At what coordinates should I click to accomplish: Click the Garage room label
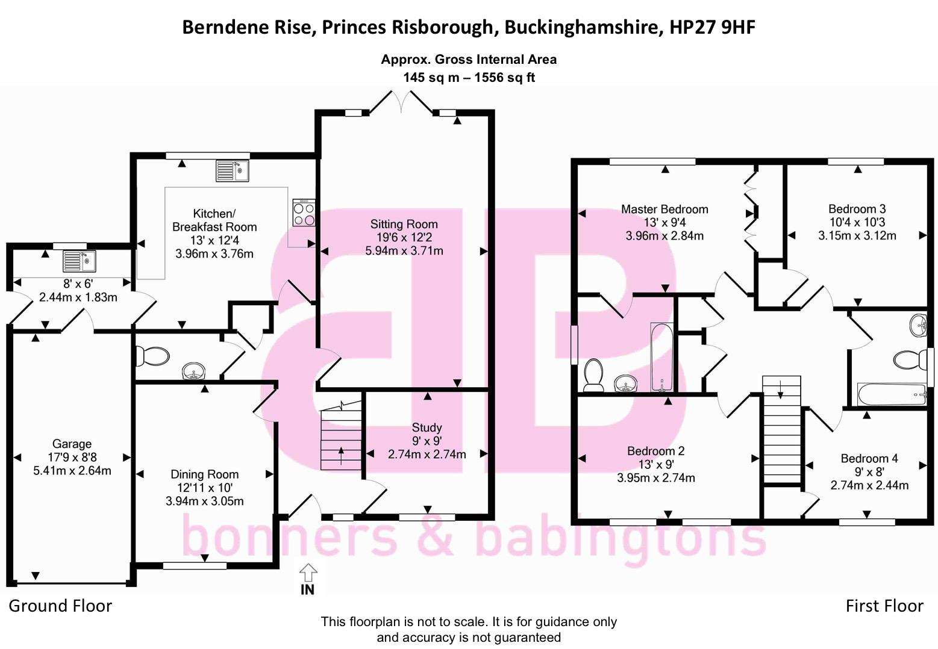pyautogui.click(x=72, y=444)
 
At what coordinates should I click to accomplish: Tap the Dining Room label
pyautogui.click(x=204, y=474)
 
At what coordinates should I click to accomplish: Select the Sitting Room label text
pyautogui.click(x=404, y=225)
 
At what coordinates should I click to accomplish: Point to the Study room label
pyautogui.click(x=427, y=427)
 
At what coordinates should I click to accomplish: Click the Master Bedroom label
pyautogui.click(x=664, y=210)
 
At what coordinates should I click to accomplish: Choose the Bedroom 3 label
pyautogui.click(x=857, y=210)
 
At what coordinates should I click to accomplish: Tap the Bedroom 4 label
pyautogui.click(x=869, y=459)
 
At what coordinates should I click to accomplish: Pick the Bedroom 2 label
pyautogui.click(x=655, y=451)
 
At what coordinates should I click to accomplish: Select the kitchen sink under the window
pyautogui.click(x=232, y=170)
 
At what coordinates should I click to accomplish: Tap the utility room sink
pyautogui.click(x=79, y=261)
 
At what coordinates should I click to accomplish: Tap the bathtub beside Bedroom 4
pyautogui.click(x=891, y=395)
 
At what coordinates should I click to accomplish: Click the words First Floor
pyautogui.click(x=884, y=606)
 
